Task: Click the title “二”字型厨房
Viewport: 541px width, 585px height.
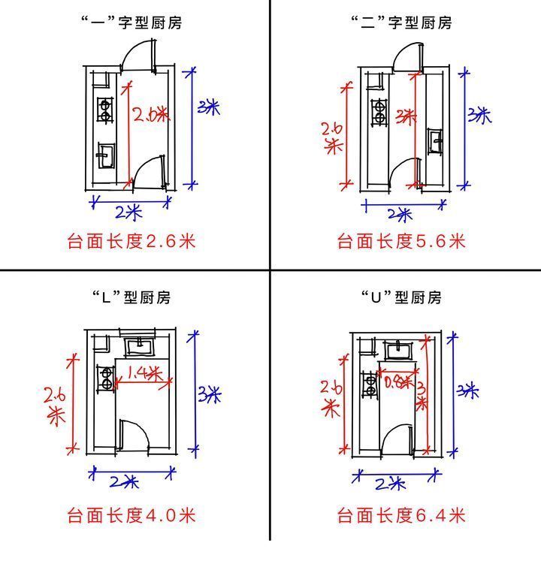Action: coord(401,23)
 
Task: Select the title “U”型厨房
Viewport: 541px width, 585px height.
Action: coord(401,297)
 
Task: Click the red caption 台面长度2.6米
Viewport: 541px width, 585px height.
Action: coord(131,241)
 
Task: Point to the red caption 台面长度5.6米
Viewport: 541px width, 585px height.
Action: coord(401,241)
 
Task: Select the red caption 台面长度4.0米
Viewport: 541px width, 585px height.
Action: coord(131,515)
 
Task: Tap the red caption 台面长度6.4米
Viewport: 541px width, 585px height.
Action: coord(401,515)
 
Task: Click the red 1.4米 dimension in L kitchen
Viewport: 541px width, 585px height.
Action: coord(144,372)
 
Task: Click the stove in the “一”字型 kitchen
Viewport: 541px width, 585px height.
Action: coord(105,111)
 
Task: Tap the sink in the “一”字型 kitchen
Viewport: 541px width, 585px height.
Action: coord(104,156)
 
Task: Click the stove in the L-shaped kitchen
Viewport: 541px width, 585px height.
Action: coord(106,378)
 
